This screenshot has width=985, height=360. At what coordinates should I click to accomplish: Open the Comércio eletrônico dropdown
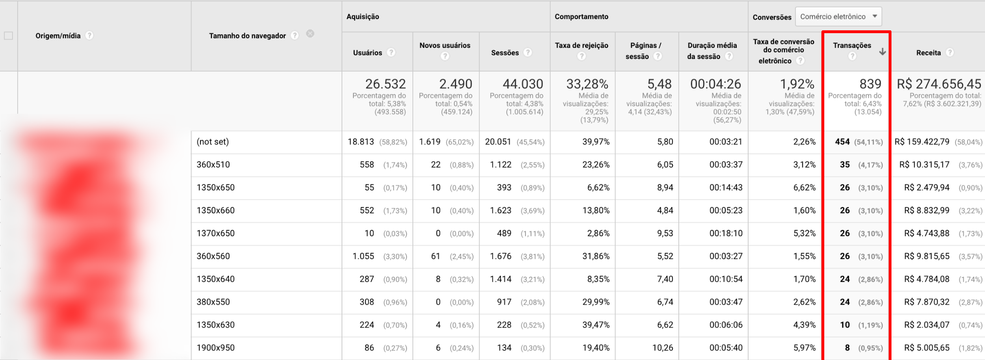point(838,17)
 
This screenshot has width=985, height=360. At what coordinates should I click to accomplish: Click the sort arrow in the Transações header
point(882,52)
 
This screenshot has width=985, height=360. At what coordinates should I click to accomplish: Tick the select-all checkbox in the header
point(8,36)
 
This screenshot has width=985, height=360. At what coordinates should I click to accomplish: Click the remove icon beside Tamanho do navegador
point(310,34)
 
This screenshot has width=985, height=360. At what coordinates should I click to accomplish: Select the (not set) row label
point(213,142)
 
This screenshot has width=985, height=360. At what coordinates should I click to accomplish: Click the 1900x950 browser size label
point(216,348)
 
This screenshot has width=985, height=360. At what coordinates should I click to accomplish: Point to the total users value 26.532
point(385,84)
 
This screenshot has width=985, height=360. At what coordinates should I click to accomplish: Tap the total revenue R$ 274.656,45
point(939,84)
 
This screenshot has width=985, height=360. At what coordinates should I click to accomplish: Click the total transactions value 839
point(870,84)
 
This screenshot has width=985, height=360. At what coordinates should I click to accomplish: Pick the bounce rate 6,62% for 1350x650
point(598,187)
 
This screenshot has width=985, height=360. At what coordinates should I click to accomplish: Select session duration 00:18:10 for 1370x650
point(726,233)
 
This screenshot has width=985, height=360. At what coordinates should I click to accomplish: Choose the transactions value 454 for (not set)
point(842,142)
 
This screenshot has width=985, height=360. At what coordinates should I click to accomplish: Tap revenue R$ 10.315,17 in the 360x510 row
point(924,165)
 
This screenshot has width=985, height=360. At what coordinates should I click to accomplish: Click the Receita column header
point(928,53)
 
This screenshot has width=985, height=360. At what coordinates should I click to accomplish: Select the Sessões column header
point(504,53)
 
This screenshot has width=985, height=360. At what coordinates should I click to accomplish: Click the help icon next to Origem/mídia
point(89,35)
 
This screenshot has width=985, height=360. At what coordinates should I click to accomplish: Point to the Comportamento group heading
point(581,17)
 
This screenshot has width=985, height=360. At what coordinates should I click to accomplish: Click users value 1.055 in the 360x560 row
point(363,256)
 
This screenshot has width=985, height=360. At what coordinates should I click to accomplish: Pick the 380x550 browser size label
point(213,302)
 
